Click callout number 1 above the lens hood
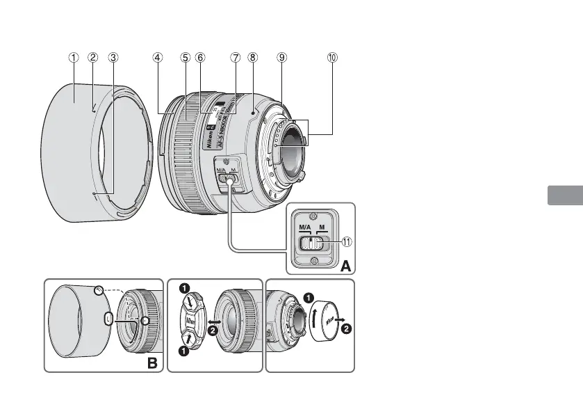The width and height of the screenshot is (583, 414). [73, 58]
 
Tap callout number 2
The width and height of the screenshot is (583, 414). [93, 58]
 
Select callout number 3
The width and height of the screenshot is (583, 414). [113, 58]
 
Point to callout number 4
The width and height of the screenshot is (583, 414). [158, 58]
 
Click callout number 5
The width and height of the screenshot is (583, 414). [186, 58]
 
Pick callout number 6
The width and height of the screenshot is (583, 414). [200, 58]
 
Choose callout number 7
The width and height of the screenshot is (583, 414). [236, 58]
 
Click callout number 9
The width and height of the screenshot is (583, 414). [281, 58]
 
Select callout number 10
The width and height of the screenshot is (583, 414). [332, 58]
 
